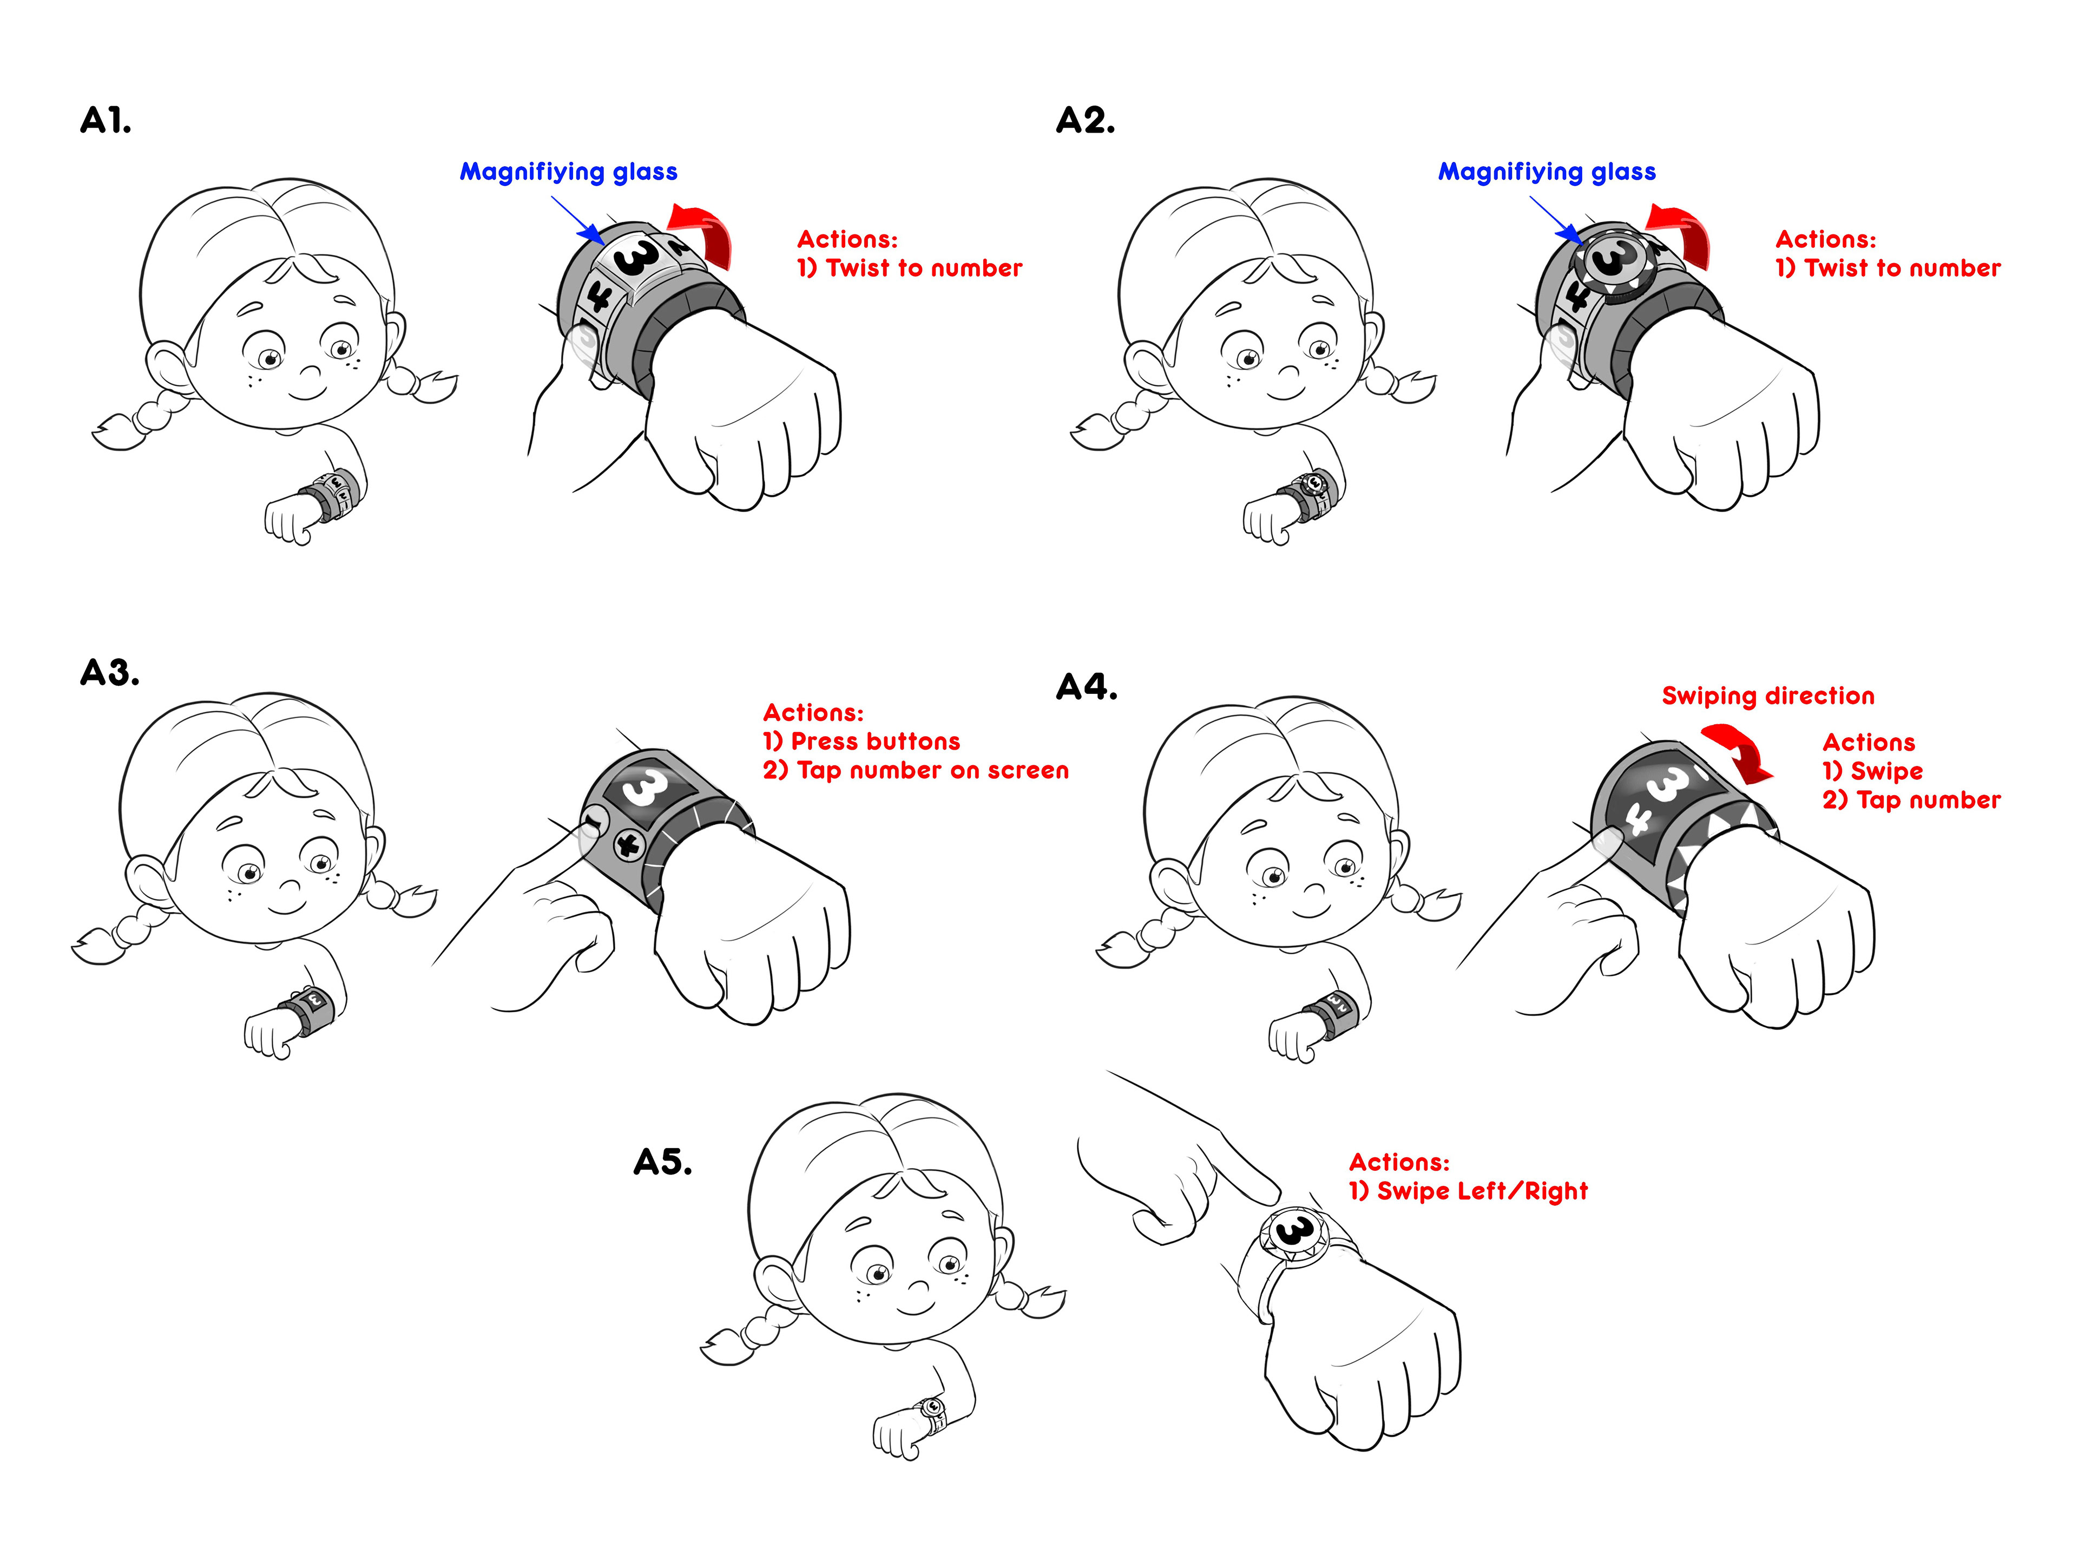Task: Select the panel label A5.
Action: (x=662, y=1162)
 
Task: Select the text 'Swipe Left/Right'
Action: (x=1482, y=1191)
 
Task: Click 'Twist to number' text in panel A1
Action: (x=923, y=268)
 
